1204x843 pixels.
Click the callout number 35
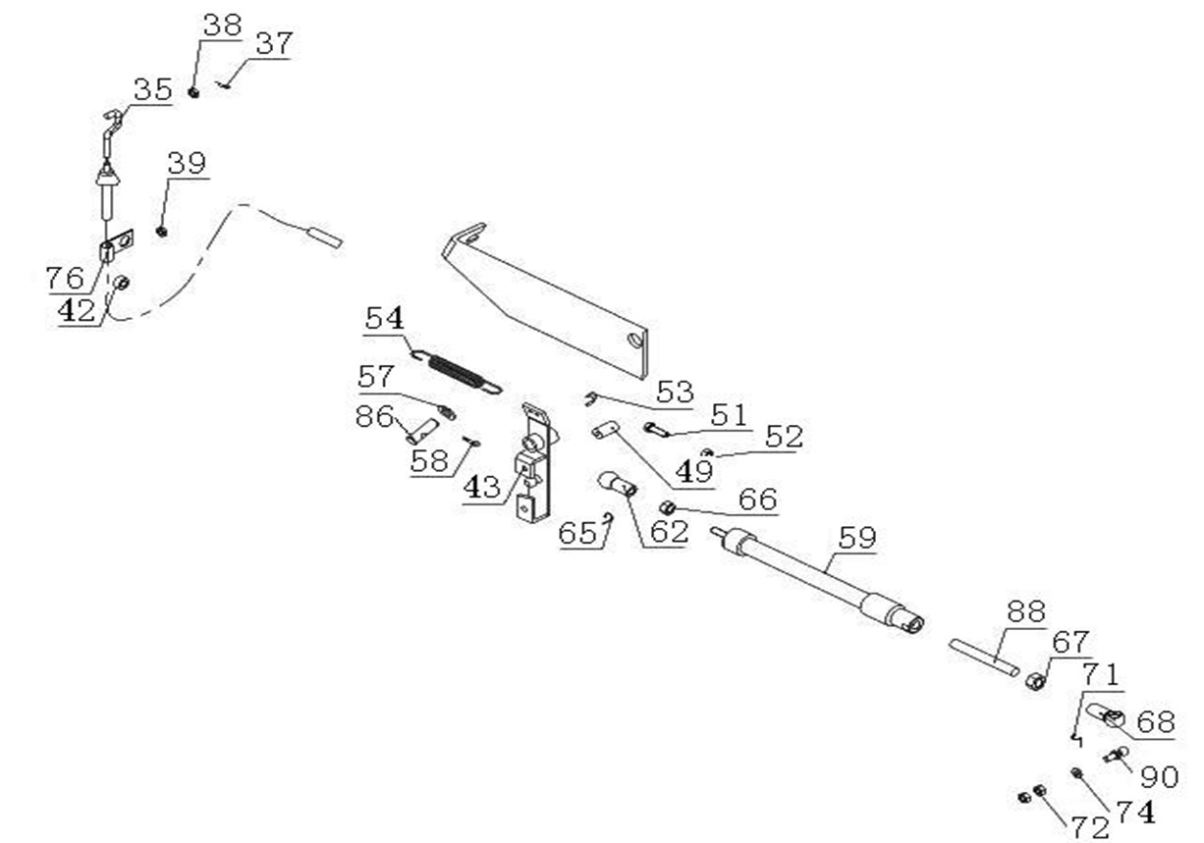[x=152, y=90]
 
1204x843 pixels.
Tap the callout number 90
[x=1159, y=777]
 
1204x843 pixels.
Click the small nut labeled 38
[x=193, y=91]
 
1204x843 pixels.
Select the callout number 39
[x=187, y=163]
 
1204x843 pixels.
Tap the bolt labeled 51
[x=657, y=428]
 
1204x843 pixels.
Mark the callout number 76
[x=65, y=278]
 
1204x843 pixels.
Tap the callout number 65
[x=577, y=533]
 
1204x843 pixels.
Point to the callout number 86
[x=374, y=415]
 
